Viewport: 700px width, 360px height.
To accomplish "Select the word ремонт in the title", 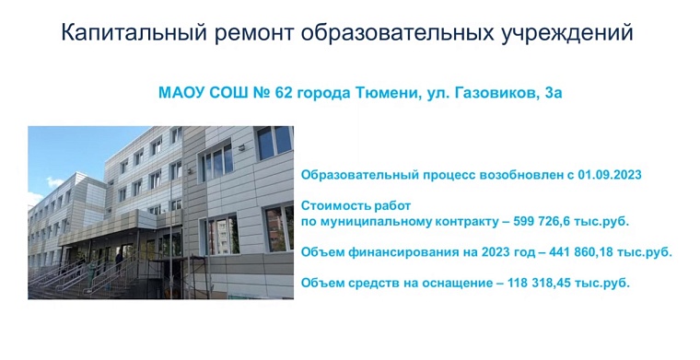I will (259, 33).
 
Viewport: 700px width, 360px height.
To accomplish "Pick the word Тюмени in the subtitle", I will (387, 93).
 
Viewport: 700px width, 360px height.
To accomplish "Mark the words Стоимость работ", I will (355, 206).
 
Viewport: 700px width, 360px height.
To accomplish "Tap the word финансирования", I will (409, 251).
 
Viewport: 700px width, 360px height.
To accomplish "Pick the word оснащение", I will (446, 283).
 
